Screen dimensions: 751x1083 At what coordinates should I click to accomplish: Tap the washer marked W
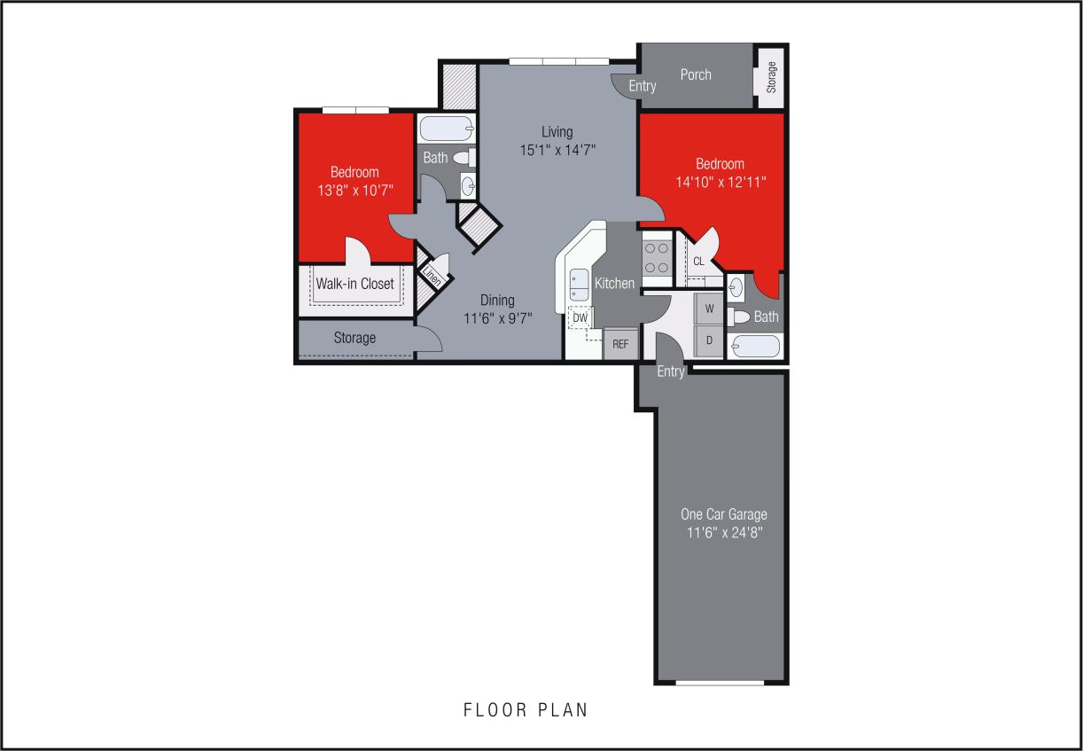[x=709, y=309]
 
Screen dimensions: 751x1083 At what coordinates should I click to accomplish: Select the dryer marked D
[x=709, y=340]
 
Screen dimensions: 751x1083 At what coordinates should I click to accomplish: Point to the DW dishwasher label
[x=580, y=317]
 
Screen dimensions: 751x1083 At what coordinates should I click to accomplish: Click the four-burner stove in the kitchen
[x=657, y=257]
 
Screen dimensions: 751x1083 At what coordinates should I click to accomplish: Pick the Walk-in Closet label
[x=355, y=284]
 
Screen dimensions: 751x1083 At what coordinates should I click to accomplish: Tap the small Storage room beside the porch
[x=771, y=76]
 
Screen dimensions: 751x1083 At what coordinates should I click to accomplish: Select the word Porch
[x=696, y=74]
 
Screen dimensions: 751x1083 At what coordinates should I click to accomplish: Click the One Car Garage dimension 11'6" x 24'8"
[x=724, y=533]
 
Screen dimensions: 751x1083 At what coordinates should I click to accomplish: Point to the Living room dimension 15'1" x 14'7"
[x=557, y=150]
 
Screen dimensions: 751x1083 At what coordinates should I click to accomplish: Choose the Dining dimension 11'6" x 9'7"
[x=497, y=317]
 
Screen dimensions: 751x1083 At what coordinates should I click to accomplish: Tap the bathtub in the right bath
[x=755, y=345]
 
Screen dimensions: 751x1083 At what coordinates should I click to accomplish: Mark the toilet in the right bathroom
[x=740, y=317]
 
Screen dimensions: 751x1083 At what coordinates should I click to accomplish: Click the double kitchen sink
[x=579, y=284]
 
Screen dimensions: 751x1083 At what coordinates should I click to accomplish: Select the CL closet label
[x=698, y=262]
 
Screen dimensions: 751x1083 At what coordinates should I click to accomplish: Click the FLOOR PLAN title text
[x=526, y=709]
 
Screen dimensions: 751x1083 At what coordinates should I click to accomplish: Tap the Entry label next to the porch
[x=643, y=86]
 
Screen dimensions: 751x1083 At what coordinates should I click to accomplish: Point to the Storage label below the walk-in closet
[x=355, y=338]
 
